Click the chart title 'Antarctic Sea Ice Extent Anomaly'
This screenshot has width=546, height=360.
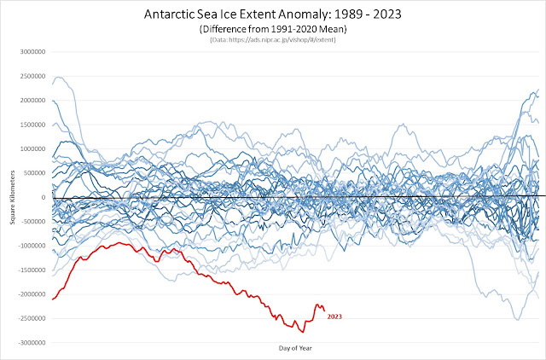point(273,15)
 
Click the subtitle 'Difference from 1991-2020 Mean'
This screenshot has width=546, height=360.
point(273,29)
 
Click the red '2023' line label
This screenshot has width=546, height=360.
point(334,317)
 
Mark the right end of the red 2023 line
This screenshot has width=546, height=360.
point(324,311)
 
